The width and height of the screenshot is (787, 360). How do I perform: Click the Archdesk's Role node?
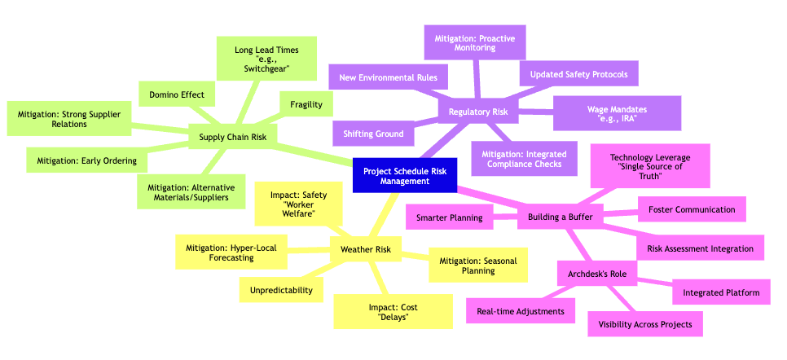(x=597, y=274)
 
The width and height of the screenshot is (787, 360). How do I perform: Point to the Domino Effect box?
(x=176, y=94)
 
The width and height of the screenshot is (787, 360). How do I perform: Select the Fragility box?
(x=306, y=104)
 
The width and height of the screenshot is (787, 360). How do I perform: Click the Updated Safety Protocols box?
(x=578, y=74)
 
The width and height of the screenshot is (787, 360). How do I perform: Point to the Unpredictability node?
(x=281, y=289)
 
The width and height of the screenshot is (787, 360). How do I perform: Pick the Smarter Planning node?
(x=448, y=217)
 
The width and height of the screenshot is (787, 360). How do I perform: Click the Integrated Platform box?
(x=721, y=292)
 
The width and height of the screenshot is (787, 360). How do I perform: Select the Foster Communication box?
(x=692, y=209)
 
